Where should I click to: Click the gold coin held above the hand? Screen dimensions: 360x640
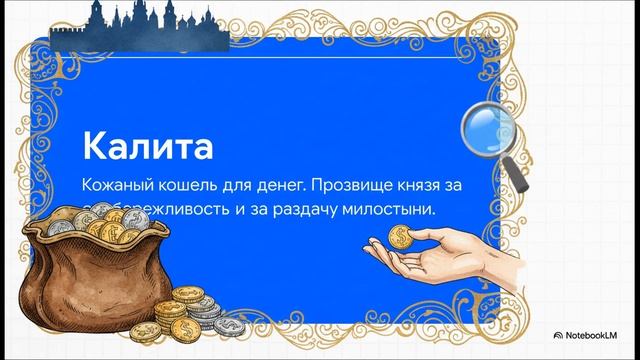coord(402,237)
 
